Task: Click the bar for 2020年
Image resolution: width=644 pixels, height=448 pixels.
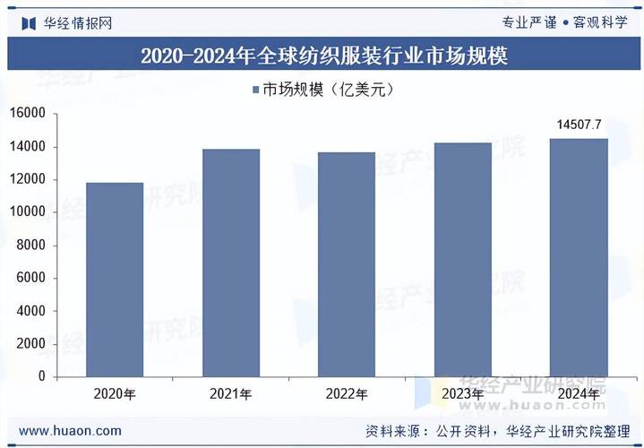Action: pos(115,280)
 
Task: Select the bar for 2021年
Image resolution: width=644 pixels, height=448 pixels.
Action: pos(230,263)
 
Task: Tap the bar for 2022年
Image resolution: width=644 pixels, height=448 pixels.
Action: pos(346,264)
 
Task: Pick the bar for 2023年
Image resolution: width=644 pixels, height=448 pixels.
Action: pos(462,260)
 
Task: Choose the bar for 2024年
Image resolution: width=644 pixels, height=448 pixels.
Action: pos(578,257)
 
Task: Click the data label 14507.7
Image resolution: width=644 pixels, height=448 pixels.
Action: pos(579,125)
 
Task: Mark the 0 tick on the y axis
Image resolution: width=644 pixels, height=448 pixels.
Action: pos(41,377)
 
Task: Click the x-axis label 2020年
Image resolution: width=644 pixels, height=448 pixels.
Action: pos(115,394)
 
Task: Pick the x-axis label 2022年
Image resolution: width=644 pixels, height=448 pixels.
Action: pos(346,394)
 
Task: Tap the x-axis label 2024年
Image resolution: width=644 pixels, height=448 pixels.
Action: pos(578,394)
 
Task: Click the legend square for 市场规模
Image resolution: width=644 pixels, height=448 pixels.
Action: pos(254,89)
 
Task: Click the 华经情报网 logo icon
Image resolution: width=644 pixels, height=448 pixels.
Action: pos(28,22)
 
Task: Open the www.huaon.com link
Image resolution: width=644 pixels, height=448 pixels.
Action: pos(70,431)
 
